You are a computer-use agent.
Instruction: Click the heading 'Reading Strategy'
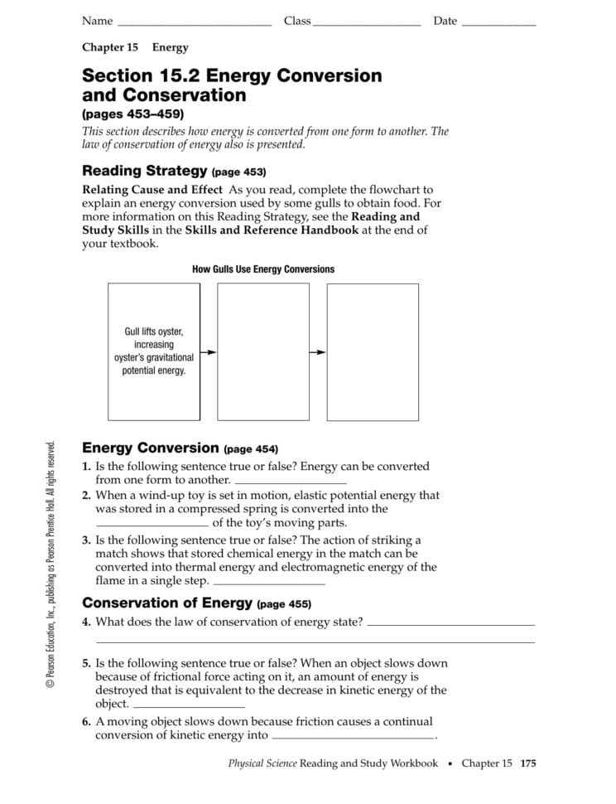[x=144, y=172]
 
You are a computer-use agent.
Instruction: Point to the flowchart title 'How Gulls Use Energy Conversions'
[x=263, y=269]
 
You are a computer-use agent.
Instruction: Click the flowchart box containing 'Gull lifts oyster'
[x=154, y=351]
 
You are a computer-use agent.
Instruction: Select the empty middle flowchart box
[x=263, y=351]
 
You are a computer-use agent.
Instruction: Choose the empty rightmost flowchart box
[x=373, y=351]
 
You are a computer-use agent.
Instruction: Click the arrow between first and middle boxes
[x=209, y=352]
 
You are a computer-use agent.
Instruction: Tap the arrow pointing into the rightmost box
[x=318, y=352]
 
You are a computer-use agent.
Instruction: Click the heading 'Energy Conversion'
[x=150, y=448]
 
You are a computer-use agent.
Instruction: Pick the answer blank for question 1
[x=291, y=482]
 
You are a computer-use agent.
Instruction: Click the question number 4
[x=86, y=622]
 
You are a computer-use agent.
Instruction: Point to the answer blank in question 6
[x=353, y=736]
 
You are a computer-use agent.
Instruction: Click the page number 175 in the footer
[x=528, y=763]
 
